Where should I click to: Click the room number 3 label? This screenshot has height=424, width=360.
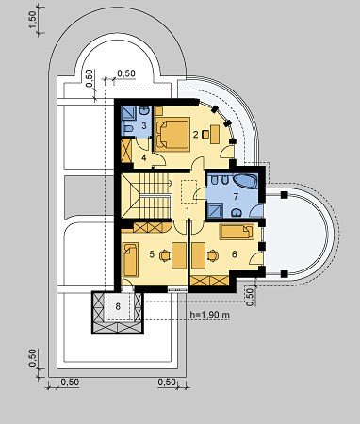tap(144, 126)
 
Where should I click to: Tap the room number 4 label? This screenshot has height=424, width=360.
tap(144, 157)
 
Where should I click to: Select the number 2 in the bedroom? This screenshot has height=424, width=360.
tap(196, 135)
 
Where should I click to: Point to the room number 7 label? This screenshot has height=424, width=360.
tap(236, 197)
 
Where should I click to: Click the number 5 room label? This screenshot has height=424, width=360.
tap(152, 254)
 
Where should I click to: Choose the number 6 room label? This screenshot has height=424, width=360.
tap(235, 254)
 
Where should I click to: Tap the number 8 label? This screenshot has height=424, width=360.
tap(118, 306)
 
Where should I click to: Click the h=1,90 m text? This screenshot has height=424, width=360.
tap(210, 315)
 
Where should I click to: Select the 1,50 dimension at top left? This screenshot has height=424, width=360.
tap(33, 20)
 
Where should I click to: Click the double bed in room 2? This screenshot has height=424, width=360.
tap(172, 135)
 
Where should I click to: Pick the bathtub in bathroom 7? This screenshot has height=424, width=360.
tap(245, 182)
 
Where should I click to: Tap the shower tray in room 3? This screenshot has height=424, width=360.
tap(129, 113)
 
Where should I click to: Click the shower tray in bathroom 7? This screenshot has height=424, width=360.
tap(216, 210)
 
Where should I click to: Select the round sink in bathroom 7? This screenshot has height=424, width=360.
tap(236, 213)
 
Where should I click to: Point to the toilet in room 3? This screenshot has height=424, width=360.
tap(128, 129)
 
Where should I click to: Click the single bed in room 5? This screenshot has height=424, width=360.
tap(130, 260)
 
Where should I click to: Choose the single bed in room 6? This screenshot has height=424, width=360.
tap(237, 232)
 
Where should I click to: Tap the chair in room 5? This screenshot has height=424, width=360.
tap(164, 255)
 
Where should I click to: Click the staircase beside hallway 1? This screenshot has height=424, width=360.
tap(146, 195)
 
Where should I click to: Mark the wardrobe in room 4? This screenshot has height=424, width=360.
tap(126, 151)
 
